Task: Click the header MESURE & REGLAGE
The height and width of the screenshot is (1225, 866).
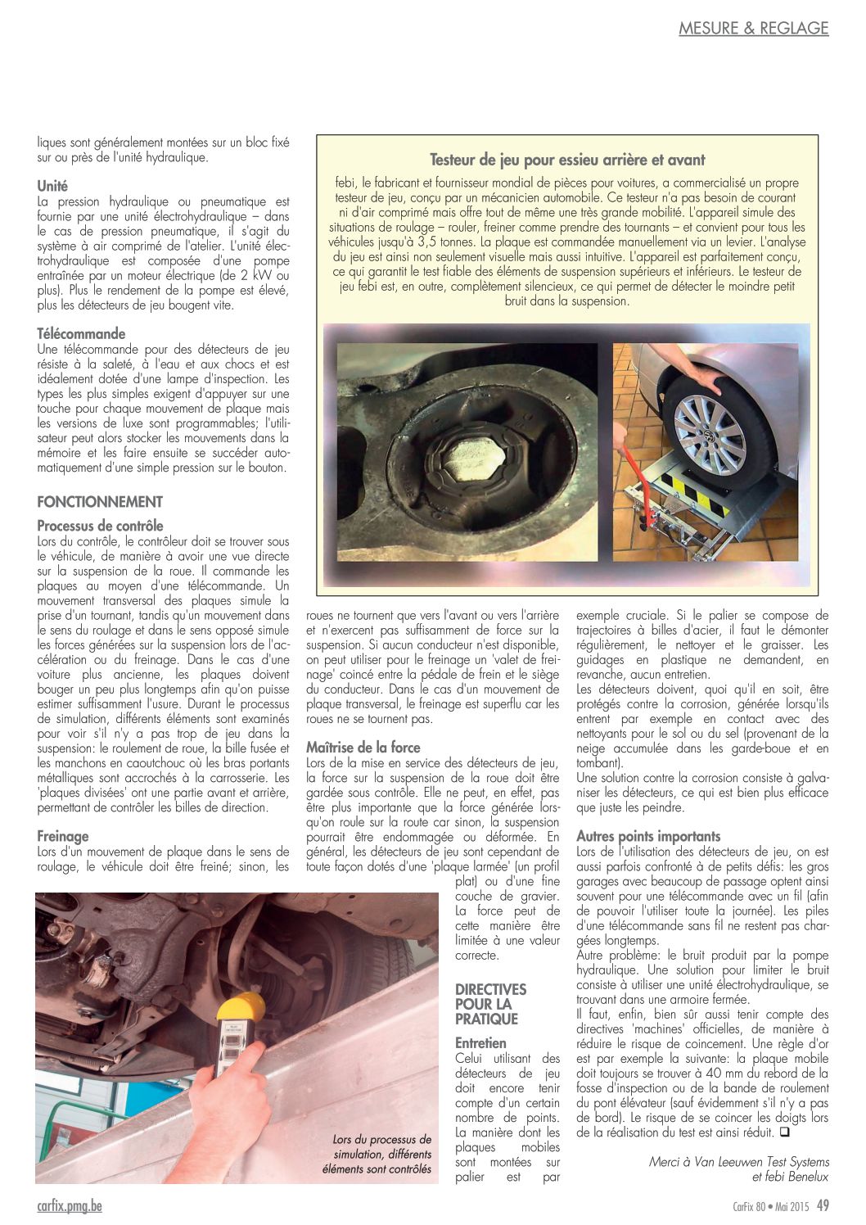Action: (x=753, y=28)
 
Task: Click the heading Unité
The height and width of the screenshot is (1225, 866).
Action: (x=52, y=186)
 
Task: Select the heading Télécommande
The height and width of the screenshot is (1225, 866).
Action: (x=81, y=333)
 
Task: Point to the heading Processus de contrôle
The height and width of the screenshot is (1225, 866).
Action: (x=100, y=526)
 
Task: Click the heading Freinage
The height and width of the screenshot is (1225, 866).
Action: (x=63, y=836)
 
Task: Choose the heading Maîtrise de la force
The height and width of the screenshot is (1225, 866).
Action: (x=363, y=747)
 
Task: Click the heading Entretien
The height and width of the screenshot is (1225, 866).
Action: (x=480, y=1043)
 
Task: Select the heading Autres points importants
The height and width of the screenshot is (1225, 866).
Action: (x=648, y=836)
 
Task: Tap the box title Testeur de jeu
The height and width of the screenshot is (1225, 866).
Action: (x=567, y=160)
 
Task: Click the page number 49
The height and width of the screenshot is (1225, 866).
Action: (x=823, y=1205)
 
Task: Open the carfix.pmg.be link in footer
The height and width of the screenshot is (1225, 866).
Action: (x=70, y=1205)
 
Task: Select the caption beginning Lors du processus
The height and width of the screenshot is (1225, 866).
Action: (x=381, y=1154)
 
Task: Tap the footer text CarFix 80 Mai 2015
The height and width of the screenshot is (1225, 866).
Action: (x=765, y=1205)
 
